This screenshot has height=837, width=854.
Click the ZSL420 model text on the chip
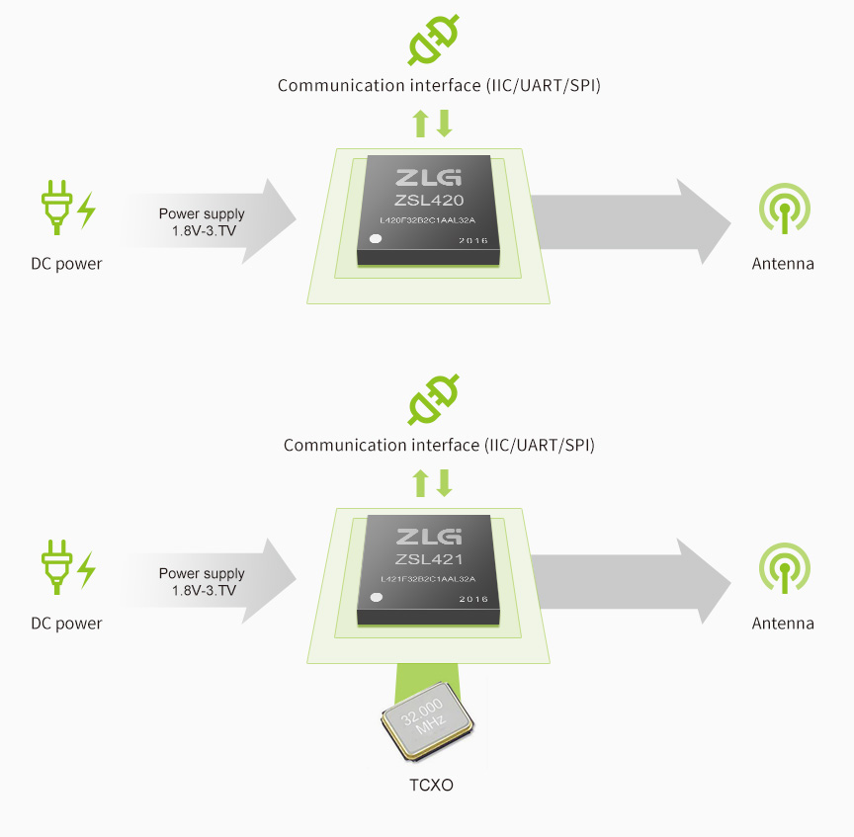(x=430, y=200)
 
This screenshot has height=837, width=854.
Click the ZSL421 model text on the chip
(x=430, y=559)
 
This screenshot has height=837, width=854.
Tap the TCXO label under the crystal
(x=432, y=786)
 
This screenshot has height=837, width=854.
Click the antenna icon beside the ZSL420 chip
(x=784, y=208)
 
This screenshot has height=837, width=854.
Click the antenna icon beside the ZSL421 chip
(x=784, y=567)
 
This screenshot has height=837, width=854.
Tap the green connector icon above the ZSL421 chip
(x=434, y=400)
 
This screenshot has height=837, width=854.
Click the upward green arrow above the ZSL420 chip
(x=420, y=124)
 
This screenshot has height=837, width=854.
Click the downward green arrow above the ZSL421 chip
(x=445, y=483)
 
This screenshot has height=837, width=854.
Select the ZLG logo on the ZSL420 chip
(x=428, y=178)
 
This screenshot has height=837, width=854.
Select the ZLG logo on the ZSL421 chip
(x=428, y=538)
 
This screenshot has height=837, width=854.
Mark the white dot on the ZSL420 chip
(x=376, y=239)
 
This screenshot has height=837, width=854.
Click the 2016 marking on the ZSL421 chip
(x=473, y=600)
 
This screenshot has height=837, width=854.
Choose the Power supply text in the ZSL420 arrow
(x=202, y=213)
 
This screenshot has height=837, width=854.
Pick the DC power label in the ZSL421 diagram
(x=66, y=624)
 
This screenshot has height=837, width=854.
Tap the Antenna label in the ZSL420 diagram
(x=783, y=264)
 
